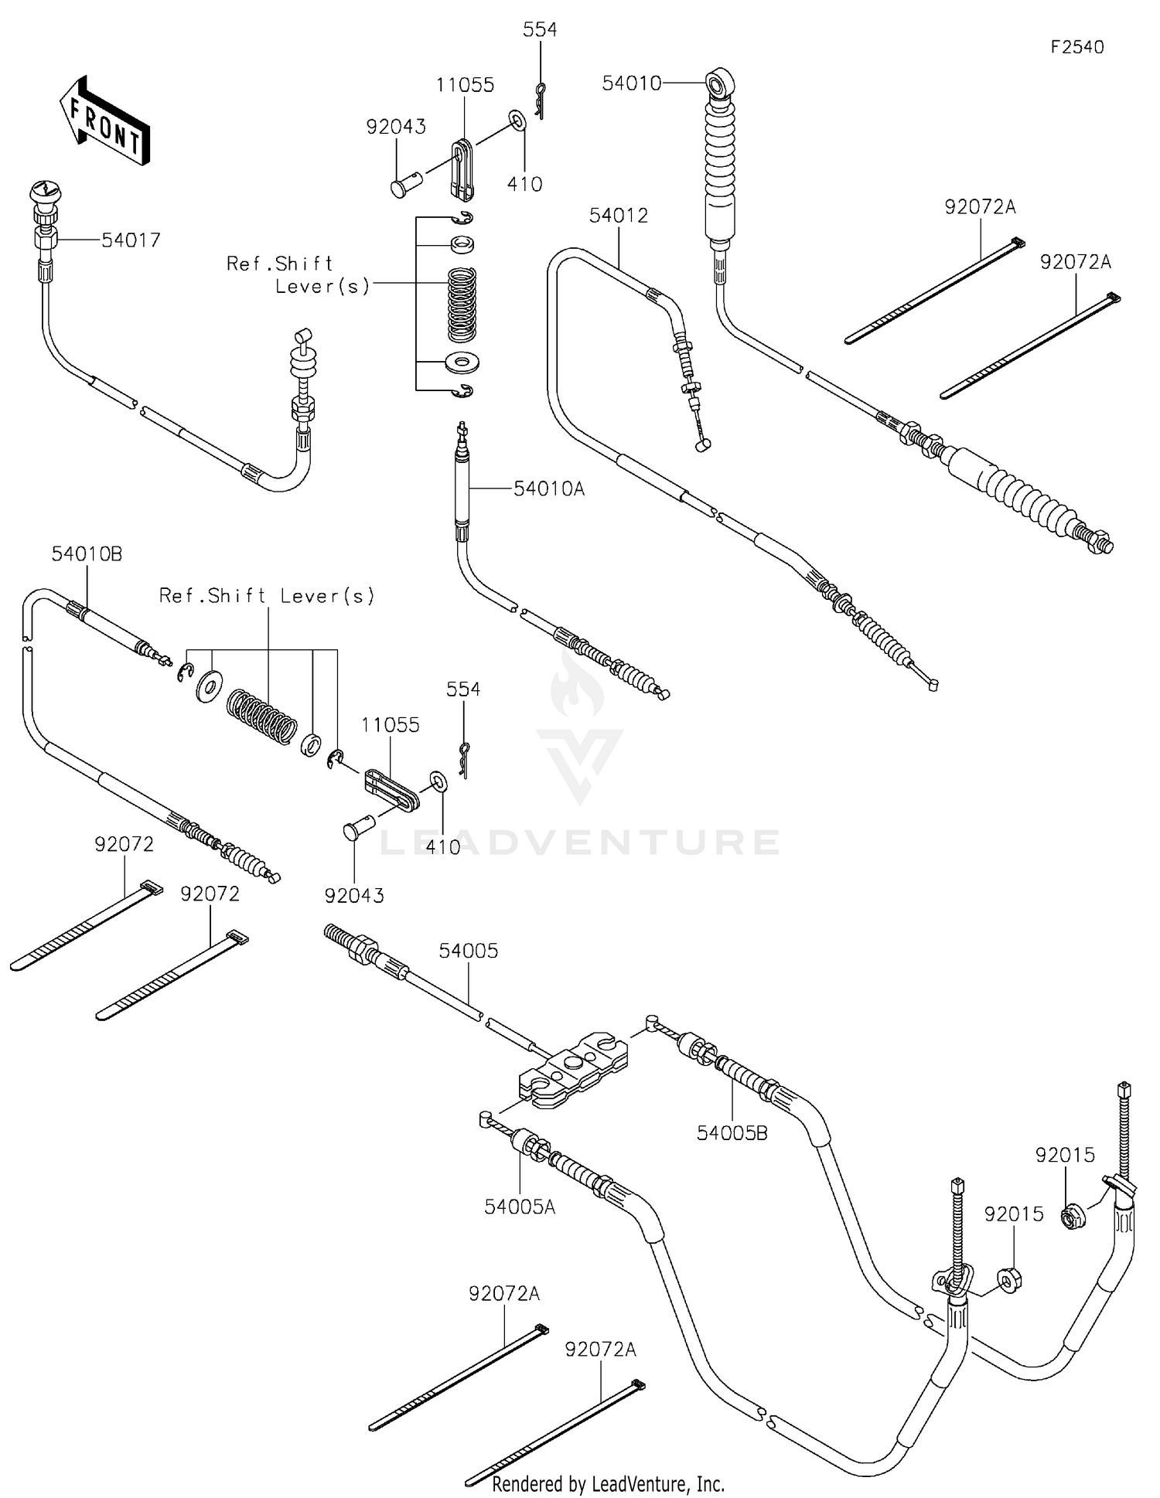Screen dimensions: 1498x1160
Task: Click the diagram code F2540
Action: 1076,47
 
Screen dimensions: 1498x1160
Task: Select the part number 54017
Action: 131,240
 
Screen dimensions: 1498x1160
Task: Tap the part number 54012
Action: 618,216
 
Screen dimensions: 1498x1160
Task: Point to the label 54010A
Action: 549,489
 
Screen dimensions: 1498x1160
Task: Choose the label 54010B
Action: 87,554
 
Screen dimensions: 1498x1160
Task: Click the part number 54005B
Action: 732,1133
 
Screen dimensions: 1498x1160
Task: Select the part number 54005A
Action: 520,1207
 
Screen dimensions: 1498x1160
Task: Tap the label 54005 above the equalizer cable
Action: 469,951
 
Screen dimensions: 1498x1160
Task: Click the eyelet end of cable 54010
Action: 719,80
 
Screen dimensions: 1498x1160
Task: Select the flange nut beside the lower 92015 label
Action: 1008,1281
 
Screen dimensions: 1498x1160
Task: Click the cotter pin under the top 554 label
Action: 540,100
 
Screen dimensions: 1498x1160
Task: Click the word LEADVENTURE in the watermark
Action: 580,842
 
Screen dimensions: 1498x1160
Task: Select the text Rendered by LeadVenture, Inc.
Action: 608,1483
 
